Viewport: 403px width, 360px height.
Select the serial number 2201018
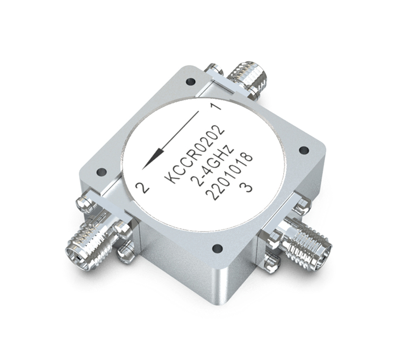[x=229, y=177]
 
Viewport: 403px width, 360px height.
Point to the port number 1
[x=216, y=106]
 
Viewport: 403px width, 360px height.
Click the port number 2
[x=142, y=188]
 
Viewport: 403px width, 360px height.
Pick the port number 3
[x=246, y=188]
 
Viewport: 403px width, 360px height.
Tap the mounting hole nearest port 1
[x=191, y=82]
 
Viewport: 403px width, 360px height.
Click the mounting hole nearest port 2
[x=102, y=171]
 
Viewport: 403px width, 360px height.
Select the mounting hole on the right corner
[x=304, y=150]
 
